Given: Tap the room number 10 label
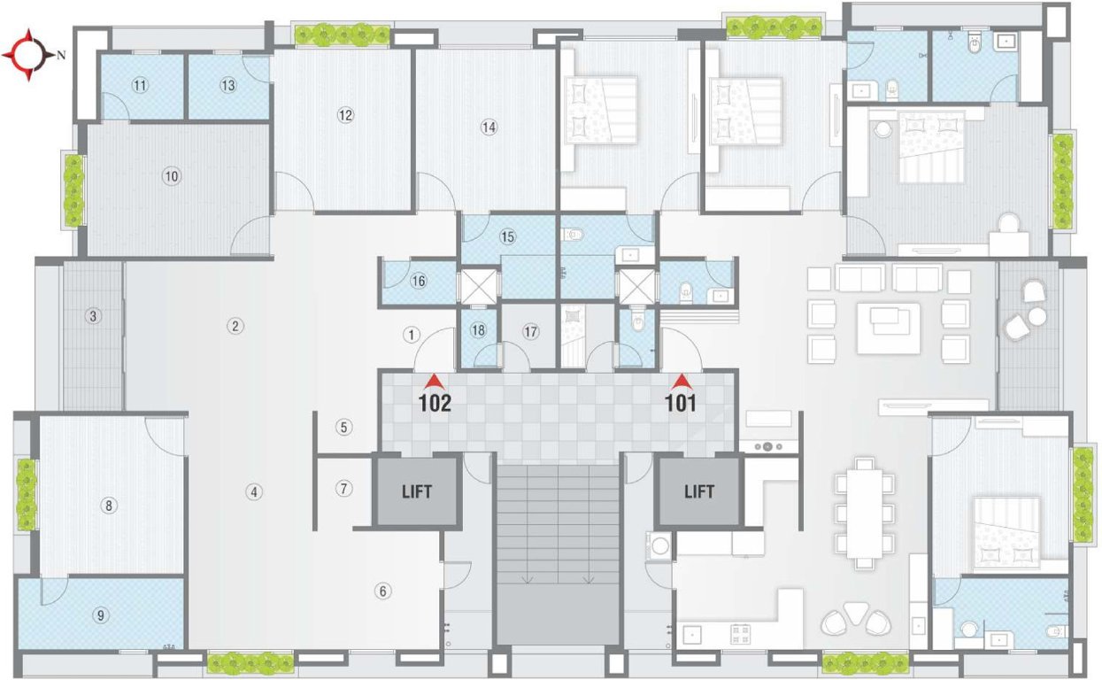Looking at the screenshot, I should tap(172, 176).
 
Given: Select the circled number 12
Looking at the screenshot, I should tap(345, 115).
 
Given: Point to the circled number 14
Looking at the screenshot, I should tap(489, 127).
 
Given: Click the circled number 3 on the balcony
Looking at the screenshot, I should tap(92, 316).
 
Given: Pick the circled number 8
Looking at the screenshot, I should tap(109, 506).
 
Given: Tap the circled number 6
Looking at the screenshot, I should tap(382, 591).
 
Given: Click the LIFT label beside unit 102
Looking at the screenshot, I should tap(416, 491).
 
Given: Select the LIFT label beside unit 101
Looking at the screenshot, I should tap(698, 491).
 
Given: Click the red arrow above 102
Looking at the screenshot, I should tap(434, 382).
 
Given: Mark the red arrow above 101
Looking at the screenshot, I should tap(681, 382).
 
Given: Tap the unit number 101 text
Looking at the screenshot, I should tap(681, 404).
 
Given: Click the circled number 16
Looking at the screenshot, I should tap(419, 282).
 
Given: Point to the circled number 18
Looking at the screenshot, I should tap(478, 330).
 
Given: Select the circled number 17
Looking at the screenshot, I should tap(530, 333).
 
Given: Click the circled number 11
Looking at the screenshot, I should tap(139, 86).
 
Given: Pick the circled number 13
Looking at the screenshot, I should tap(228, 86).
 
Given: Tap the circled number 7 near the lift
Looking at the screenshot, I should tap(344, 488).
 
